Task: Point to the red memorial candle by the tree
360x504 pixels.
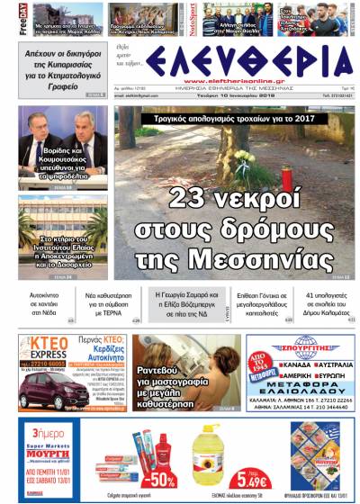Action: [286, 179]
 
